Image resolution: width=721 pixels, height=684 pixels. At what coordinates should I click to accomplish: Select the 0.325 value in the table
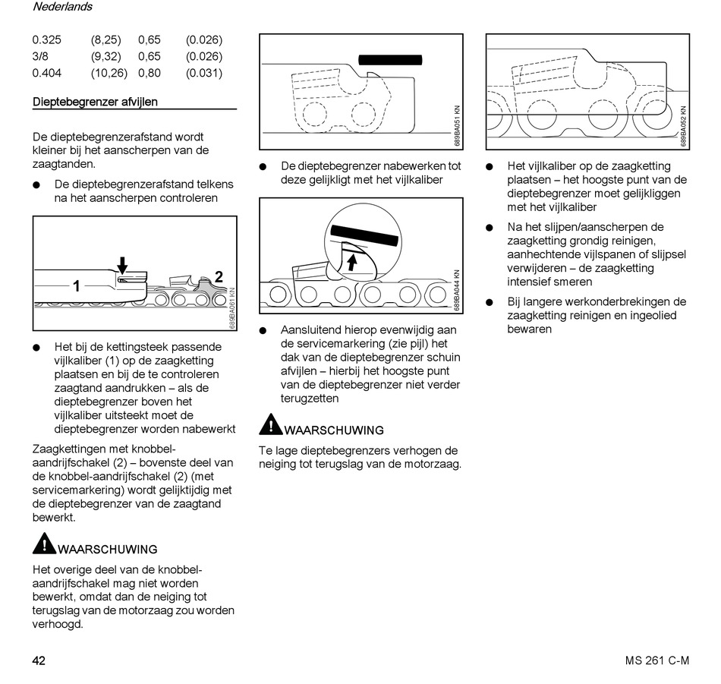tap(47, 40)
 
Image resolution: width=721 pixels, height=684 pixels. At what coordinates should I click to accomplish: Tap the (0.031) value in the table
tap(203, 74)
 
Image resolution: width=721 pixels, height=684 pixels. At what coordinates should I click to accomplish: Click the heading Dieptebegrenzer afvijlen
tap(96, 102)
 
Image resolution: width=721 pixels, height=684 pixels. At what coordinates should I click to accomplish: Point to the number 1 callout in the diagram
tap(77, 286)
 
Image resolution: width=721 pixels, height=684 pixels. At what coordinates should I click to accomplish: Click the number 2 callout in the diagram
tap(219, 277)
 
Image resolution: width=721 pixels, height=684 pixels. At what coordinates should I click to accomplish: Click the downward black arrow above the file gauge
tap(123, 264)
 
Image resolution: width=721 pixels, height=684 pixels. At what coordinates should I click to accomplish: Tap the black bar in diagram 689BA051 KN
tap(390, 59)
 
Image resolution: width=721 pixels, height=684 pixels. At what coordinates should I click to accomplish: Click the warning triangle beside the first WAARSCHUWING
tap(44, 544)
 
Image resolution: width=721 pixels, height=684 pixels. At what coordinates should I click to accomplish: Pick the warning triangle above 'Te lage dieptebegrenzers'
tap(270, 425)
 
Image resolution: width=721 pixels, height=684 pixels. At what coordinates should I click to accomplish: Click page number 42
tap(39, 660)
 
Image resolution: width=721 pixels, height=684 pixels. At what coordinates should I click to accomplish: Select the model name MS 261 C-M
tap(652, 660)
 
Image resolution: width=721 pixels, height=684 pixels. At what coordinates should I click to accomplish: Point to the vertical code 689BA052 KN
tap(684, 125)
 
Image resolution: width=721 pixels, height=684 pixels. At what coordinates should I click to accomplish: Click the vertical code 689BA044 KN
tap(457, 291)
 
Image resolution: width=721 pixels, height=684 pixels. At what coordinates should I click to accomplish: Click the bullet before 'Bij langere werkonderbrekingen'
tap(490, 302)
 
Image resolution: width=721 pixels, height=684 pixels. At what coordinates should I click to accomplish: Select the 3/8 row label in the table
tap(39, 57)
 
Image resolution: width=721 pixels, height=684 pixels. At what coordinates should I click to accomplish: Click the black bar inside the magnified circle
tap(366, 234)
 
